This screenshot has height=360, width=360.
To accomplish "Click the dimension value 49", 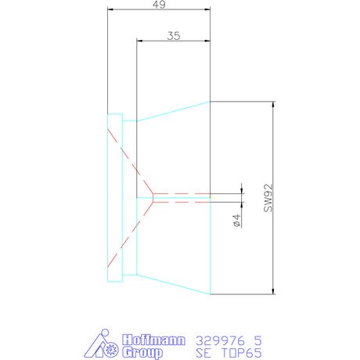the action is click(x=159, y=4).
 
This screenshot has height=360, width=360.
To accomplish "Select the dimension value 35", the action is click(x=174, y=36).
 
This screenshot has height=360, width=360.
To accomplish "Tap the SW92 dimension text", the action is click(x=268, y=198).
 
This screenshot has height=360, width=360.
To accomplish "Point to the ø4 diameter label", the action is click(x=236, y=221).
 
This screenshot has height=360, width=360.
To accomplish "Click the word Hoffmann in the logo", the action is click(x=153, y=340).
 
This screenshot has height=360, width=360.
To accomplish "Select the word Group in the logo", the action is click(x=142, y=352).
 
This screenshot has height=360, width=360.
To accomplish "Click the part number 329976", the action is click(x=221, y=340).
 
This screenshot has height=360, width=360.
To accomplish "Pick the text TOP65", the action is click(x=242, y=353).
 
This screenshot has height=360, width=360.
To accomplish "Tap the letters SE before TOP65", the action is click(x=203, y=353).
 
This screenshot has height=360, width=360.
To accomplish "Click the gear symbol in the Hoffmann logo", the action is click(x=112, y=349).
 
